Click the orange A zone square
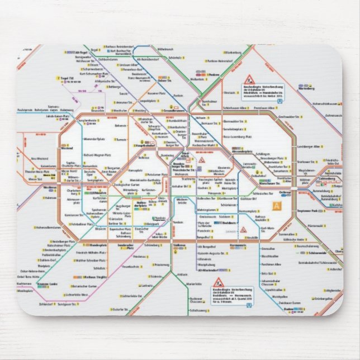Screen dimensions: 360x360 click(x=277, y=206)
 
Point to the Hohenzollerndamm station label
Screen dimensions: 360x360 click(x=48, y=228)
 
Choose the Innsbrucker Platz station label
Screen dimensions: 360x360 click(x=126, y=246)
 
